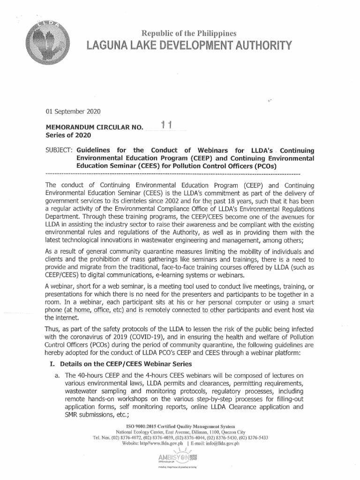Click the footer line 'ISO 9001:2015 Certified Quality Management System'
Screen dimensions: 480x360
[180, 425]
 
